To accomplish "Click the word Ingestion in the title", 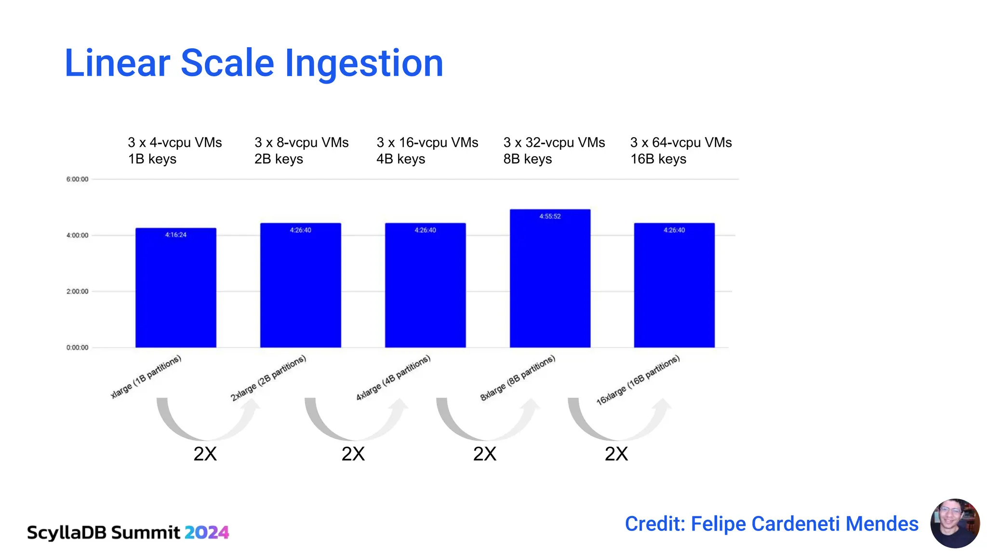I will [x=364, y=64].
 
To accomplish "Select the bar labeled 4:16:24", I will [x=175, y=289].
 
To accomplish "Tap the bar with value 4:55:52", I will [x=550, y=279].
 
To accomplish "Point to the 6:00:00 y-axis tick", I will [x=77, y=179].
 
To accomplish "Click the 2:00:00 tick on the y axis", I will [x=77, y=291].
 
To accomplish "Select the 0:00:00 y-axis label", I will [x=77, y=347].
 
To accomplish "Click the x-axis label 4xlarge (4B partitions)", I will [x=393, y=378].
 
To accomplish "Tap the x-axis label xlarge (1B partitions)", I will [x=146, y=377].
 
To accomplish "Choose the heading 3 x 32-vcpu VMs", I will [x=554, y=143].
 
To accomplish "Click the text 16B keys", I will [x=658, y=159].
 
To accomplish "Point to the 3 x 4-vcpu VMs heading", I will [x=174, y=143].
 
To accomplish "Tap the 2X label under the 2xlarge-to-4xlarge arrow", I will [x=353, y=454].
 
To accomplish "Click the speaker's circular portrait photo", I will [x=955, y=523].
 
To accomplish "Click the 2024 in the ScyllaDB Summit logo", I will [x=206, y=532].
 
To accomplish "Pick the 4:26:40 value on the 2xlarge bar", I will [x=300, y=230].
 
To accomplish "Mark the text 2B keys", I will [x=279, y=159].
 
